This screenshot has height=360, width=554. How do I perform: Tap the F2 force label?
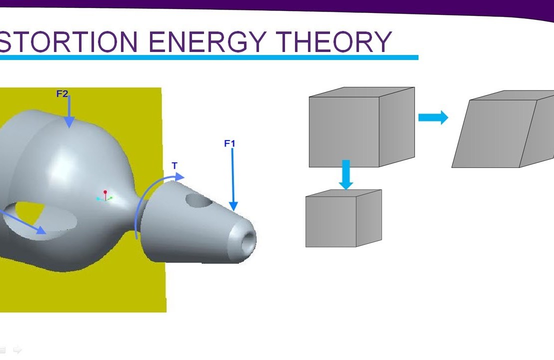pyautogui.click(x=62, y=94)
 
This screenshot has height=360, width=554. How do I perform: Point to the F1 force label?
pyautogui.click(x=229, y=144)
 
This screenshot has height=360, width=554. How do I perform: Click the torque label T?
pyautogui.click(x=174, y=166)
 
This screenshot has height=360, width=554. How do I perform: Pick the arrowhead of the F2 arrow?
pyautogui.click(x=69, y=122)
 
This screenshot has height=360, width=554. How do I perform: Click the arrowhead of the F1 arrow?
pyautogui.click(x=233, y=205)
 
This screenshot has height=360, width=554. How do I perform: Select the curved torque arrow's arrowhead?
pyautogui.click(x=179, y=176)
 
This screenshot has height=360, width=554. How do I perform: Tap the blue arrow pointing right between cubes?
pyautogui.click(x=433, y=117)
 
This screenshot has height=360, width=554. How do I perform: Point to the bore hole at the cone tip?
pyautogui.click(x=247, y=243)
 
